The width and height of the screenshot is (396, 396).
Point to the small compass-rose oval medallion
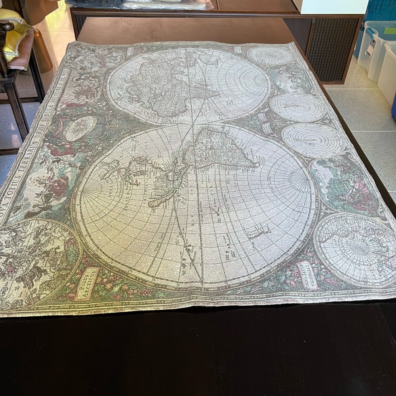[x=80, y=128]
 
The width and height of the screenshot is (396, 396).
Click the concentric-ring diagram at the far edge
[x=271, y=55]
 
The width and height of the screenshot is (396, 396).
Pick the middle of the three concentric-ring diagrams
[x=298, y=107]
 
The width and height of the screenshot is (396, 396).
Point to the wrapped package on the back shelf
[x=166, y=5]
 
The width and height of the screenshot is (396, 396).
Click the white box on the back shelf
[x=331, y=6]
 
